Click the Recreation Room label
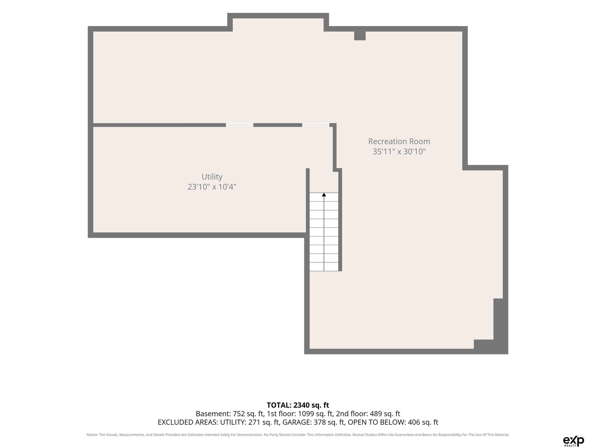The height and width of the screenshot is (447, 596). pos(399,141)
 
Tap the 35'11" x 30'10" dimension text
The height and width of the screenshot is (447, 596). pos(399,152)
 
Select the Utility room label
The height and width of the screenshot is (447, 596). pos(212,177)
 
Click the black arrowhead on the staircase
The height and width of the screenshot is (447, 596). pos(324,195)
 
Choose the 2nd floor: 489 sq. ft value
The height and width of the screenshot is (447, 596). pos(368,414)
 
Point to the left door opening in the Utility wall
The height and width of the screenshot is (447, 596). pos(240,125)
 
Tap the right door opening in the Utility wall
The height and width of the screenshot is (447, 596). pos(316,125)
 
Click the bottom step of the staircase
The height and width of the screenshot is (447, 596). pos(324,267)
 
